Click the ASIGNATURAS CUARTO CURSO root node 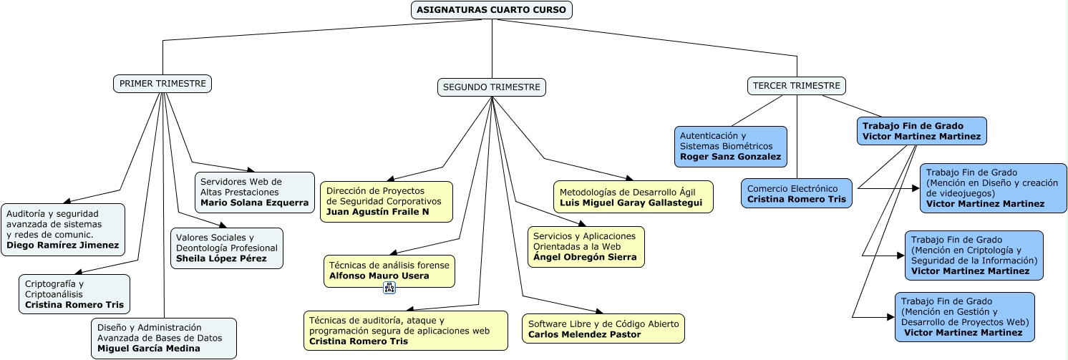click(491, 10)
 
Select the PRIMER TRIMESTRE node click(162, 84)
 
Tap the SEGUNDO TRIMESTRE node click(491, 87)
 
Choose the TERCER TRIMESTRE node click(796, 86)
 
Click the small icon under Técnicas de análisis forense click(389, 288)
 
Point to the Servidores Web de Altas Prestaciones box click(255, 193)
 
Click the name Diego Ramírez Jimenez click(63, 245)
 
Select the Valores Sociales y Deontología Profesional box click(227, 248)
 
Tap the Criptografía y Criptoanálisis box click(74, 294)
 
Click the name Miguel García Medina click(149, 349)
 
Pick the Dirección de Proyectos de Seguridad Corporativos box click(386, 201)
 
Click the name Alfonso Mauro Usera click(379, 276)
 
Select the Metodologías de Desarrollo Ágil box click(633, 198)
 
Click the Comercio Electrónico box click(796, 193)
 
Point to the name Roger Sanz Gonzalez click(730, 157)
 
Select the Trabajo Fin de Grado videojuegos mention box click(993, 188)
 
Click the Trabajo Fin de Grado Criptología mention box click(974, 256)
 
